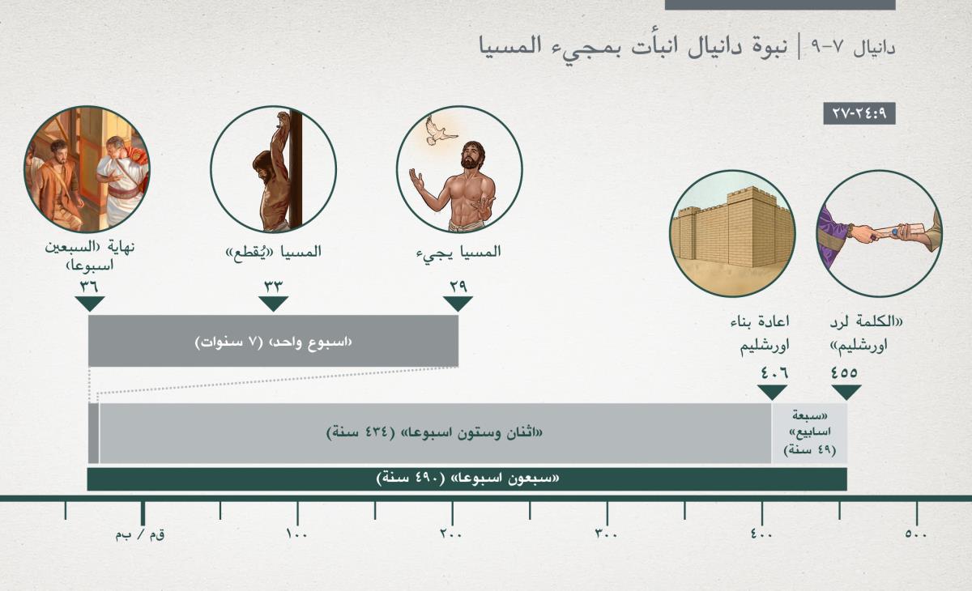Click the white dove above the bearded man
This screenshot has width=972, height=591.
coord(440,130)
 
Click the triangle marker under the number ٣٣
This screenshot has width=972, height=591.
coord(274,304)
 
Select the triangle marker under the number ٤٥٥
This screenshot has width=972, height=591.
coord(846,393)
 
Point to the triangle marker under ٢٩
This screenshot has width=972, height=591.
coord(458,304)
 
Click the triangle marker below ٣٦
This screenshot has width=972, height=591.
coord(90,304)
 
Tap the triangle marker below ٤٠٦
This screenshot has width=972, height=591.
coord(772,393)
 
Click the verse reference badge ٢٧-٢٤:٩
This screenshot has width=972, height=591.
coord(859,113)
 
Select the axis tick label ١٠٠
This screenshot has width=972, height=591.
coord(296,534)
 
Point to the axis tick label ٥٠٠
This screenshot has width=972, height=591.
coord(916,534)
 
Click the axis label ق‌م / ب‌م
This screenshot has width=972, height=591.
coord(140,534)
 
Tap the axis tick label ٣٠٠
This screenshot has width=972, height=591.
coord(606,534)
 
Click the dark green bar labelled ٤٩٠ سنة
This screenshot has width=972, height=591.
coord(467,479)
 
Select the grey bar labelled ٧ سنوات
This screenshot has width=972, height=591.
coord(274,341)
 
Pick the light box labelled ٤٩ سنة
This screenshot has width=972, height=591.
coord(809,433)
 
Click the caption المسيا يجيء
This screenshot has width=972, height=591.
coord(458,253)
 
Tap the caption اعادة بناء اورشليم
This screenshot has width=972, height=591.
coord(765,334)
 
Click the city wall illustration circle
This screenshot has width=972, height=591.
coord(732,233)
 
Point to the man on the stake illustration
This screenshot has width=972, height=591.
coord(274,169)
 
